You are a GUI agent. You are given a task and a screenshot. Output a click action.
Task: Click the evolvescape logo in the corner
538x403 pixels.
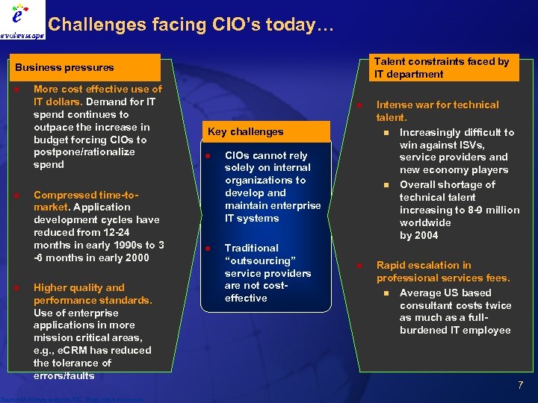[x=22, y=20]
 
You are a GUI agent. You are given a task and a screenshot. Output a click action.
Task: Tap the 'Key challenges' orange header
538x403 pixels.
[x=246, y=131]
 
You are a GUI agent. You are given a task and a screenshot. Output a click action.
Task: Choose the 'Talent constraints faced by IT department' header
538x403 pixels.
[x=441, y=67]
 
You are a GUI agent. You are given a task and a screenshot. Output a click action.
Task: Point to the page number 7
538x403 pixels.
[x=521, y=385]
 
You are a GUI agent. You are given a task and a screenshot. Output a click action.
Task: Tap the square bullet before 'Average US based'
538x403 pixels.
[x=386, y=293]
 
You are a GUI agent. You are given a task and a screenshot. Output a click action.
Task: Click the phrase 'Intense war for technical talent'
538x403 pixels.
[x=436, y=110]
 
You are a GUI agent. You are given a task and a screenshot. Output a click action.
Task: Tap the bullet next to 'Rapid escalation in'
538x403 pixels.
[x=359, y=265]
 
